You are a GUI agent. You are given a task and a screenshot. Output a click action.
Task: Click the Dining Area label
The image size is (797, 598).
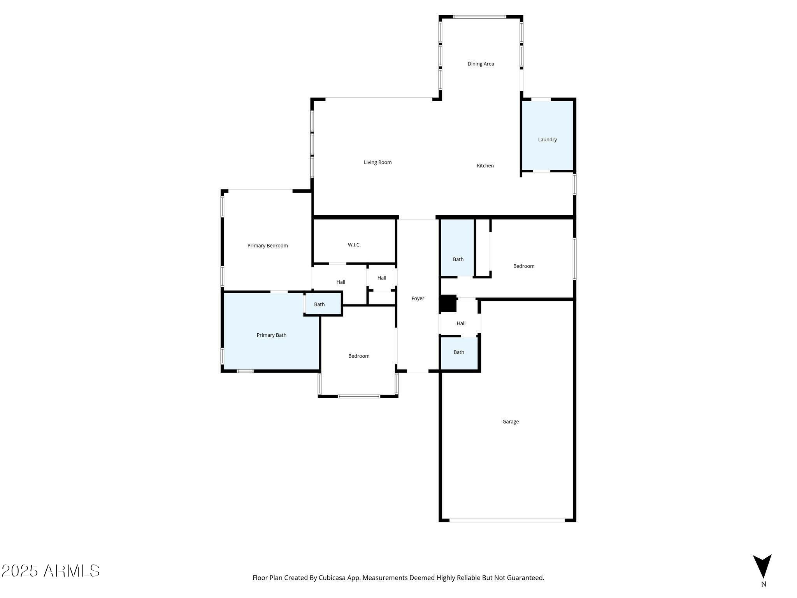(x=481, y=64)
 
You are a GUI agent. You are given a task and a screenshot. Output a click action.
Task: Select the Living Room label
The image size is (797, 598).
(x=377, y=162)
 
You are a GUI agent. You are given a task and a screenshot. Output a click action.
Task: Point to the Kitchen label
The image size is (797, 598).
(x=485, y=166)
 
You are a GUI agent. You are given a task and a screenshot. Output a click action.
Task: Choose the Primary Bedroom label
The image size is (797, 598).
(x=268, y=246)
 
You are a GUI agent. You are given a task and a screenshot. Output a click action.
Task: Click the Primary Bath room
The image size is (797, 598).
(x=271, y=335)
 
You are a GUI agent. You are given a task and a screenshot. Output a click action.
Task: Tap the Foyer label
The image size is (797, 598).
(x=418, y=299)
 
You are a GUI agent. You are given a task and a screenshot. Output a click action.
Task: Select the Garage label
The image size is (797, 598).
(x=510, y=422)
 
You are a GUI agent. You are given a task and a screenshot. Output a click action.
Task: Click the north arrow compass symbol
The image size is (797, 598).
(x=762, y=566)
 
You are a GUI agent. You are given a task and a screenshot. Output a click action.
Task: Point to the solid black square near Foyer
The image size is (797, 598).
(x=448, y=303)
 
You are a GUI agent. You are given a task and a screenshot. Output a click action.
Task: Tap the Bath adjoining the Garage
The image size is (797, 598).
(x=459, y=352)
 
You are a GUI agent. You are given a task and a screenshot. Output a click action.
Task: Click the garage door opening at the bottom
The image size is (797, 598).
(x=507, y=520)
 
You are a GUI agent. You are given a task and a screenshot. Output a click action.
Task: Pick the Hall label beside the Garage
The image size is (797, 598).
(x=461, y=324)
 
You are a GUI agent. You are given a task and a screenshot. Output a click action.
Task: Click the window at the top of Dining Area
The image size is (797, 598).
(x=480, y=17)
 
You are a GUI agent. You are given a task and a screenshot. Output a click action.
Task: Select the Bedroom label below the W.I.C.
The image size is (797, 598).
(x=359, y=356)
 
